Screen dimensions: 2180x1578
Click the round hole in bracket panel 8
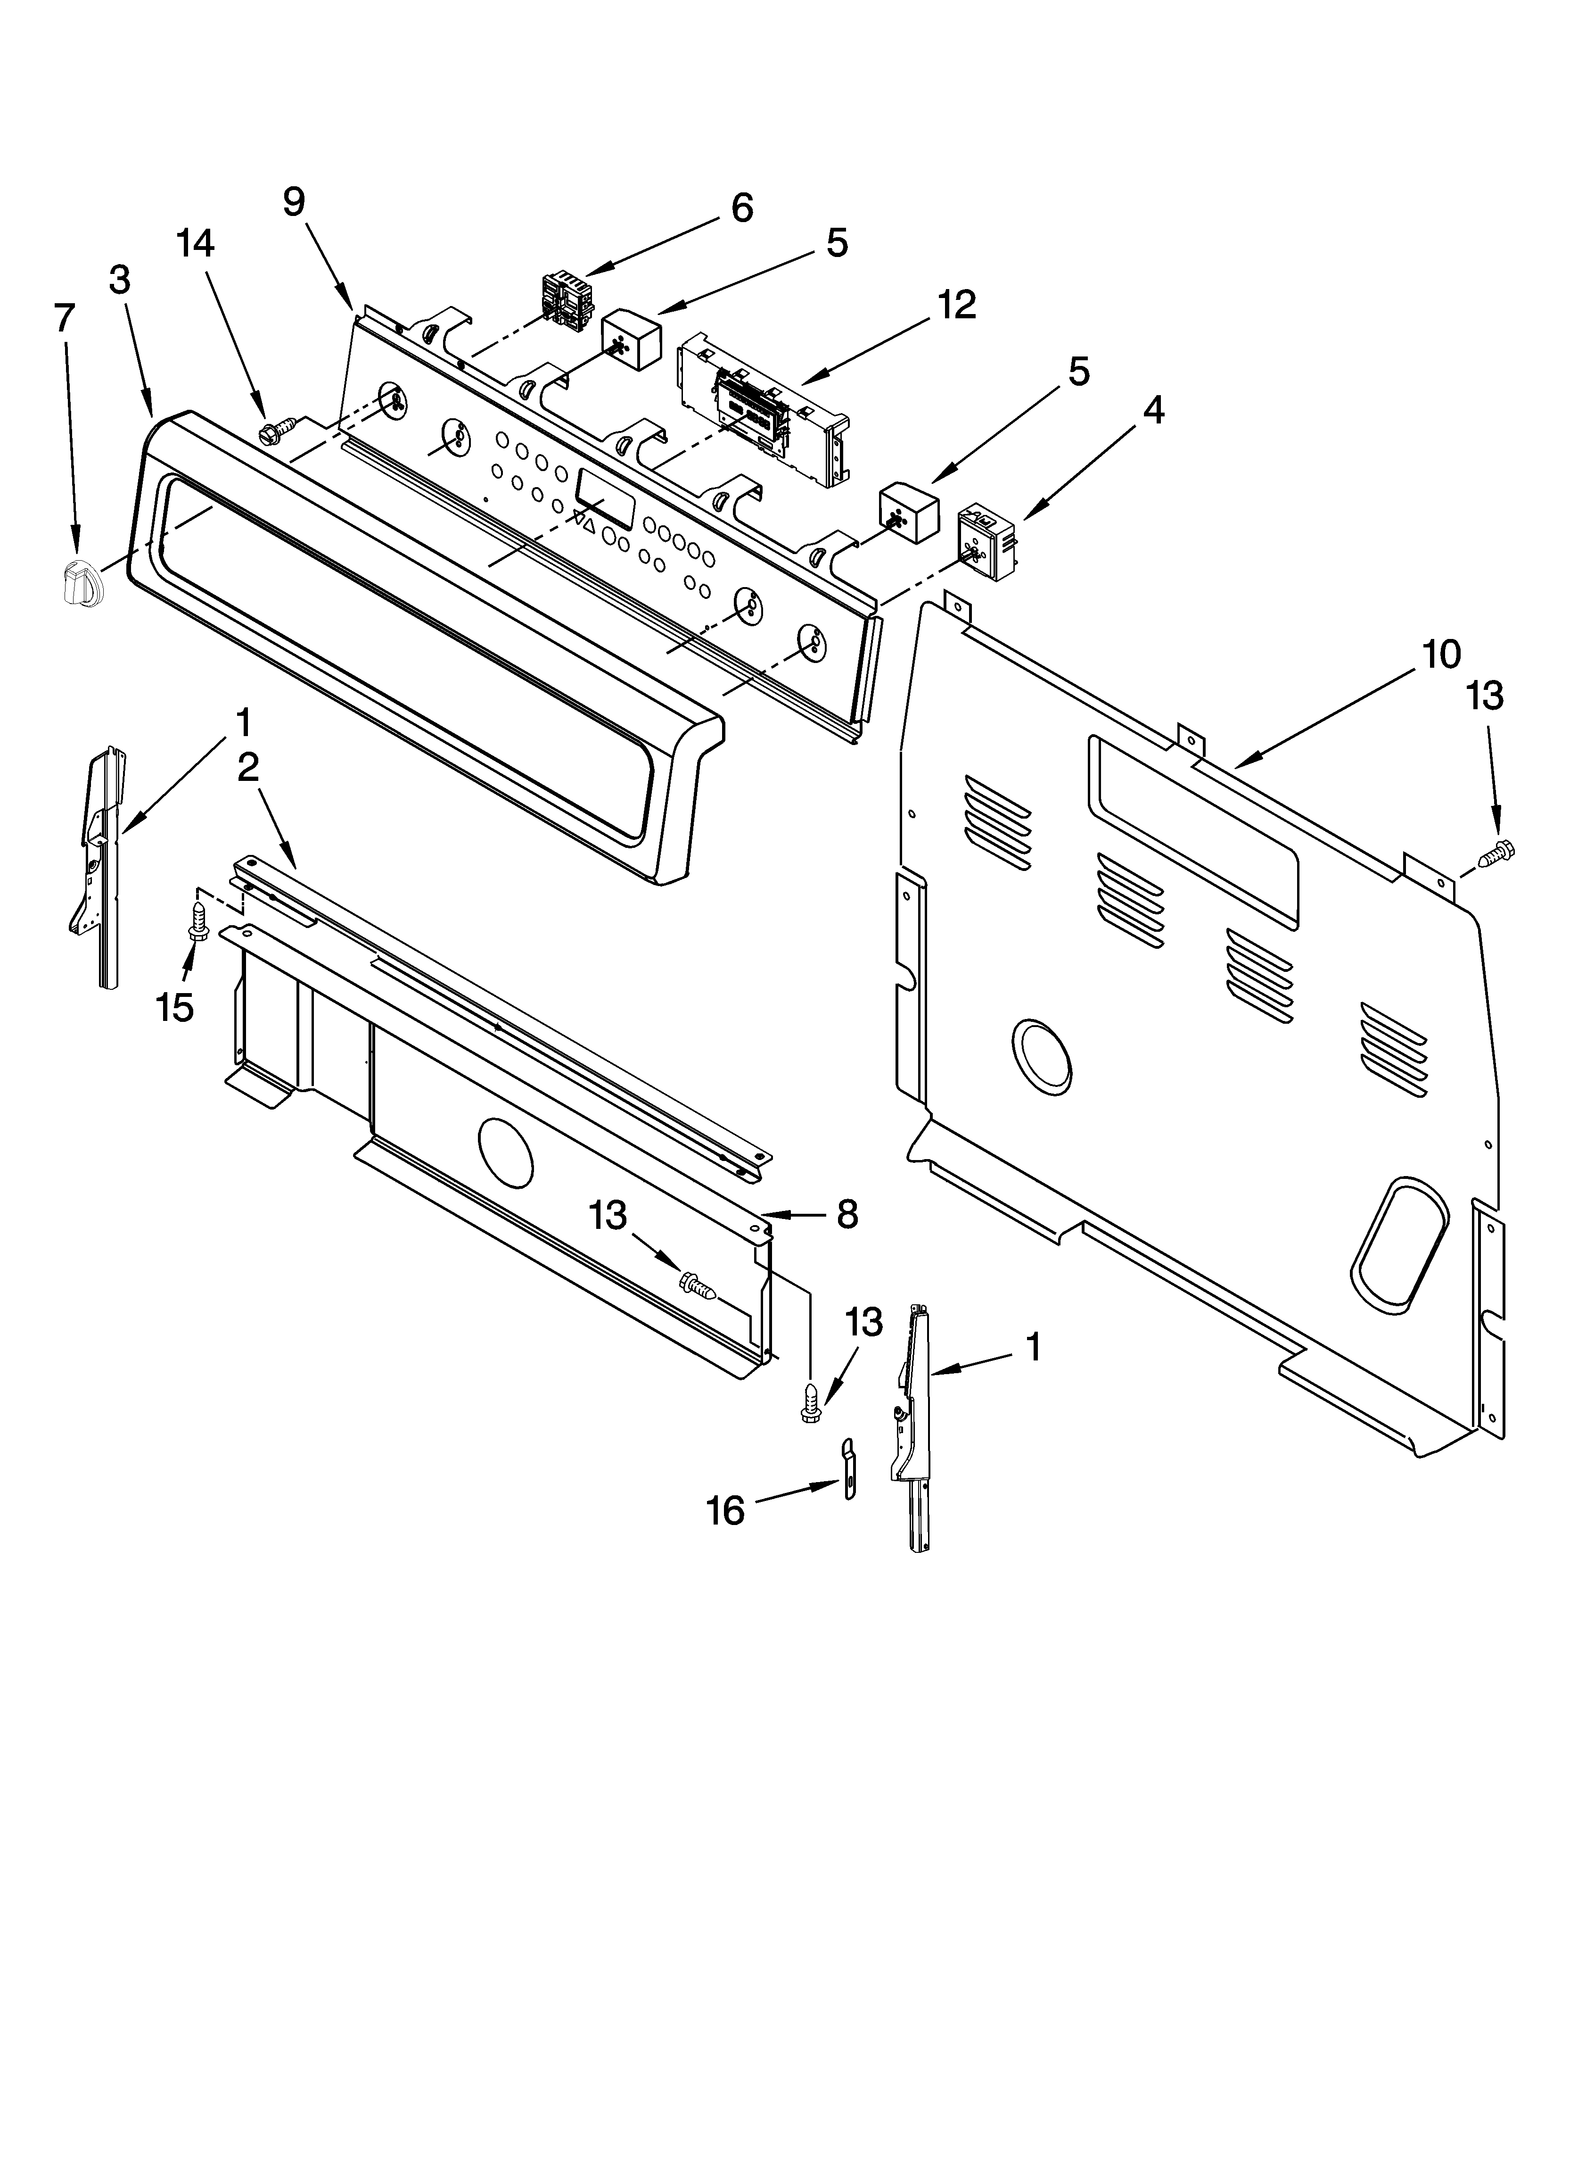[x=504, y=1151]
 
